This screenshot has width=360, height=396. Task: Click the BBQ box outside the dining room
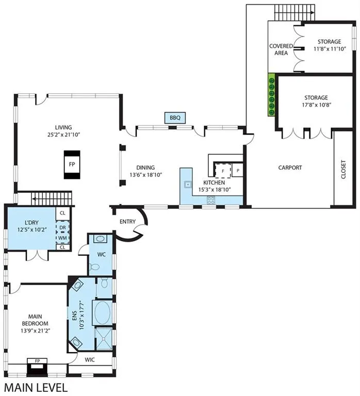pyautogui.click(x=175, y=118)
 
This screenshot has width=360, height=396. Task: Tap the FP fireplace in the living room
pyautogui.click(x=72, y=164)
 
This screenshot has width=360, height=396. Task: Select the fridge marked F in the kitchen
pyautogui.click(x=223, y=171)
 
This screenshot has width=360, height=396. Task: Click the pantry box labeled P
pyautogui.click(x=238, y=171)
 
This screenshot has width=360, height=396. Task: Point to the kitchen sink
pyautogui.click(x=188, y=185)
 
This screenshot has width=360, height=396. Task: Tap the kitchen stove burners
pyautogui.click(x=211, y=201)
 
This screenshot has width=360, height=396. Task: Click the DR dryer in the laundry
pyautogui.click(x=62, y=227)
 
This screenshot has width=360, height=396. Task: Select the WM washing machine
pyautogui.click(x=62, y=238)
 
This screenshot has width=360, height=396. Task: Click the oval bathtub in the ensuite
pyautogui.click(x=102, y=312)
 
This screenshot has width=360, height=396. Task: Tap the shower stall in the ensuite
pyautogui.click(x=104, y=339)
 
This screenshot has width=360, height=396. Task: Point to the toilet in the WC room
pyautogui.click(x=94, y=267)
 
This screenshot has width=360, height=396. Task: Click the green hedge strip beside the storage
pyautogui.click(x=271, y=95)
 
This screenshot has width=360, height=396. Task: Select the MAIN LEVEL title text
pyautogui.click(x=36, y=388)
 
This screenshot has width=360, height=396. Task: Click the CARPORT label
pyautogui.click(x=290, y=168)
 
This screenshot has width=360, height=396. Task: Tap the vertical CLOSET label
pyautogui.click(x=343, y=169)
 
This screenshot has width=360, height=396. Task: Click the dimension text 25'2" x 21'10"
pyautogui.click(x=63, y=135)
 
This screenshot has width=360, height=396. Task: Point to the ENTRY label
pyautogui.click(x=127, y=222)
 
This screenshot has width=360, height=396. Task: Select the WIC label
pyautogui.click(x=90, y=359)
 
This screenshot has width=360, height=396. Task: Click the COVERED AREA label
pyautogui.click(x=281, y=49)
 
